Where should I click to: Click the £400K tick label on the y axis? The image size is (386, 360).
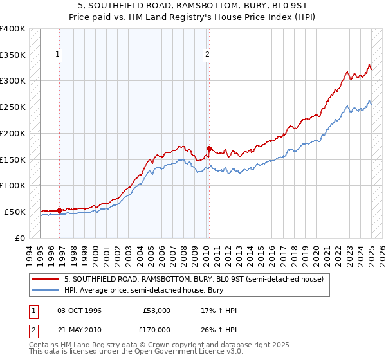click(x=13, y=29)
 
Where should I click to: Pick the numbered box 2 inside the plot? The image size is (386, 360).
click(x=208, y=55)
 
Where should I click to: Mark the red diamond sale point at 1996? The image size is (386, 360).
click(x=59, y=210)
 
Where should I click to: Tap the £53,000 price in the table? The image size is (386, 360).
click(x=154, y=310)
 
